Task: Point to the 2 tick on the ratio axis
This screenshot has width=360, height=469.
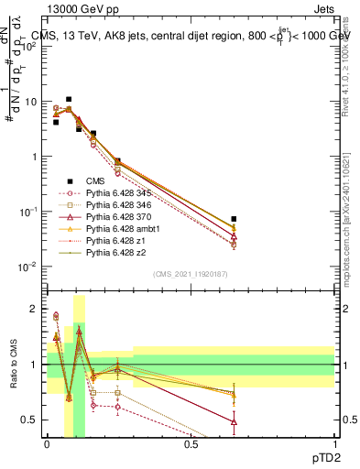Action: [36, 309]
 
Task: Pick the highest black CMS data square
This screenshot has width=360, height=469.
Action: [69, 99]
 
